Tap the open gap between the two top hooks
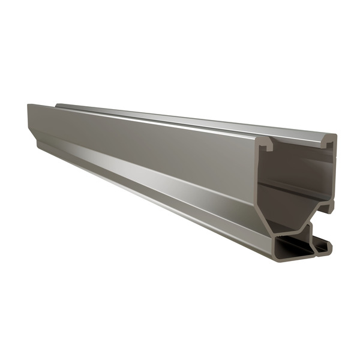297,145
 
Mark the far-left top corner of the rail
28,105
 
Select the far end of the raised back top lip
57,104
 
